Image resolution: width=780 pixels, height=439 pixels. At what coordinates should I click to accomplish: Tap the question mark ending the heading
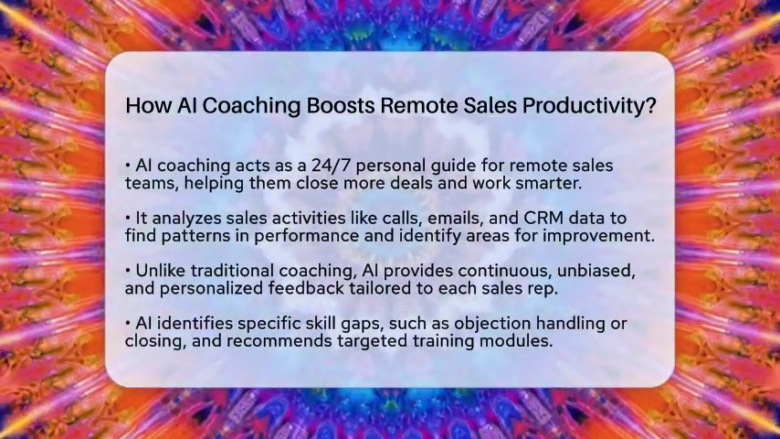click(651, 105)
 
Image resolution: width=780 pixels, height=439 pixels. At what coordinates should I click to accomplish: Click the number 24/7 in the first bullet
click(332, 165)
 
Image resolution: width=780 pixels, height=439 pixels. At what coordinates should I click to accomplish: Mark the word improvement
click(598, 236)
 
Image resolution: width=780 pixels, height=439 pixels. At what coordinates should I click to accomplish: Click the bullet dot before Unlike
click(128, 271)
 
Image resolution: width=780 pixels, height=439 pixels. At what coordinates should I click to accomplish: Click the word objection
click(492, 324)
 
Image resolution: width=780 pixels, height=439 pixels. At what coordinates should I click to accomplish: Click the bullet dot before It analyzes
click(128, 218)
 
